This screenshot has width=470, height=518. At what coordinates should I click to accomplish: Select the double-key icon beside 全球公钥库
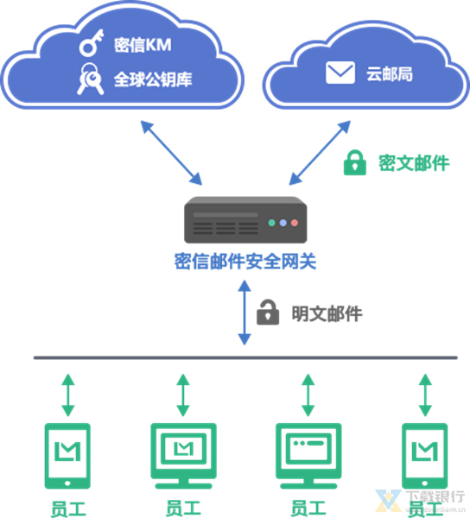(91, 79)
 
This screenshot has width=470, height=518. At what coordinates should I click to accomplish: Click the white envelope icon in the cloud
(339, 73)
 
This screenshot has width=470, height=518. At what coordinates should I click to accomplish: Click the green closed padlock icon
(354, 161)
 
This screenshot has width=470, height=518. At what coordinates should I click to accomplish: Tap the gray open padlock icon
(270, 312)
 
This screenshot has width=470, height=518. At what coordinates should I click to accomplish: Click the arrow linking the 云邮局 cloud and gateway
(321, 153)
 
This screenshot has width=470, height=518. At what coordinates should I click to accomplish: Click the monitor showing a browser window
(308, 452)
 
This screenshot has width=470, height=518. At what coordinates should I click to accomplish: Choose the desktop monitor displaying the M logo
(182, 452)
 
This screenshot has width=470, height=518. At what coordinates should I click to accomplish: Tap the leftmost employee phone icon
(67, 454)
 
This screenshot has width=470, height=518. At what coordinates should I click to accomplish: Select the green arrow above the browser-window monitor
(308, 395)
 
